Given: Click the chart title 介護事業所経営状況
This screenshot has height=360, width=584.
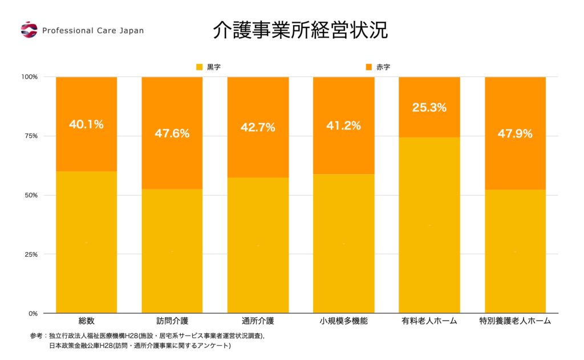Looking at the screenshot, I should click(300, 30).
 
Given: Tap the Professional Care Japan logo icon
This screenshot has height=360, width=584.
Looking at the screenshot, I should click(29, 30).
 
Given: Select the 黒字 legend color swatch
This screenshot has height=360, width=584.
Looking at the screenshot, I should click(199, 67).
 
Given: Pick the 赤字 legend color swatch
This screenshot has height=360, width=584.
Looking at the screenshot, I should click(368, 67).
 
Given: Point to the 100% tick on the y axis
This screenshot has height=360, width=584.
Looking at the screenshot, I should click(29, 76).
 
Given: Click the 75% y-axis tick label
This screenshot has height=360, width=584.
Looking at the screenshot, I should click(30, 136).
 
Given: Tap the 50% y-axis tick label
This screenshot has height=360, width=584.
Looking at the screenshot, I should click(30, 195).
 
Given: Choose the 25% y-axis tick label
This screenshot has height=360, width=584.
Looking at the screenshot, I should click(30, 254).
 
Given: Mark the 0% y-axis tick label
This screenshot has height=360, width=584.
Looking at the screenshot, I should click(32, 313).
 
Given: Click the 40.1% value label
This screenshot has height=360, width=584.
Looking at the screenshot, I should click(86, 124).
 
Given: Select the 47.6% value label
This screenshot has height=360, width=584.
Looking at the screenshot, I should click(172, 134).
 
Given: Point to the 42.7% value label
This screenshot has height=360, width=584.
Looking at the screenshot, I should click(258, 127).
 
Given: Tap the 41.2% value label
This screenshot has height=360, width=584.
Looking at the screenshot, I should click(343, 126).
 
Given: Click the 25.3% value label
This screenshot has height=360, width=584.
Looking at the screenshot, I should click(429, 107).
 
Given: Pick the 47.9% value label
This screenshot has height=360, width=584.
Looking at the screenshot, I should click(515, 134).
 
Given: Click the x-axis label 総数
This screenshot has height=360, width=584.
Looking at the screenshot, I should click(86, 321).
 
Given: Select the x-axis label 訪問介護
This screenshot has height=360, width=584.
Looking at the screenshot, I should click(172, 321).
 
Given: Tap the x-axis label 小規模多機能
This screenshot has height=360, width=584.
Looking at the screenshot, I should click(343, 321).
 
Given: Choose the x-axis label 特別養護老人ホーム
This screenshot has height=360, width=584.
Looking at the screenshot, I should click(515, 321).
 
